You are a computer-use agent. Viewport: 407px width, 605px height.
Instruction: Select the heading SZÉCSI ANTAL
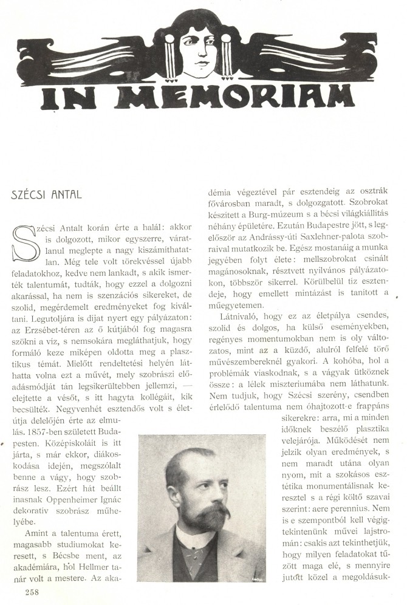(46, 195)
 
